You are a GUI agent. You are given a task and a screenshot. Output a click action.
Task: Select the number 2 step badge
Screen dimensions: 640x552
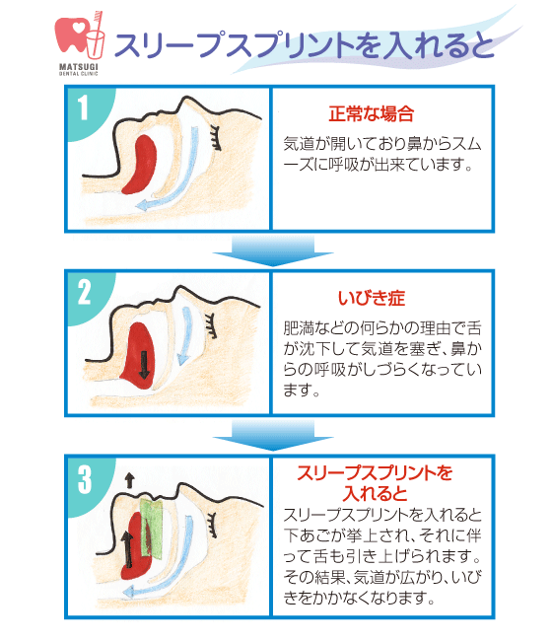[84, 290]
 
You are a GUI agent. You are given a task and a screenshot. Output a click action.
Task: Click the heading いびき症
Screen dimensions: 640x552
[371, 297]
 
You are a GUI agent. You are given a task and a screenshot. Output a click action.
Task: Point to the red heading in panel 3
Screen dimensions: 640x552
[375, 482]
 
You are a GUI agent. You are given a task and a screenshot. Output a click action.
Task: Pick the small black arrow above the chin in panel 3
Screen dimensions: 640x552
[128, 480]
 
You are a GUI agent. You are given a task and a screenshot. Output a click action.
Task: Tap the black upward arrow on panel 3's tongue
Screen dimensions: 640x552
[126, 547]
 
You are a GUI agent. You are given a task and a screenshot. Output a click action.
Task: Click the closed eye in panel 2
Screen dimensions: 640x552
[210, 320]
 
